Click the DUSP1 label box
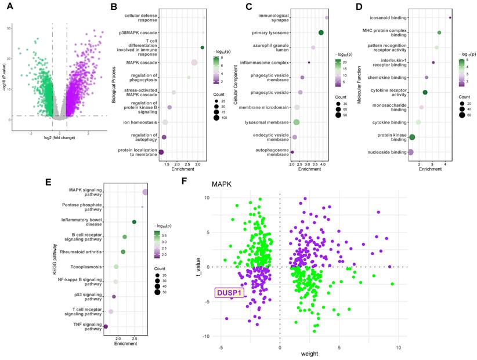coord(230,293)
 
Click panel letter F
coord(185,181)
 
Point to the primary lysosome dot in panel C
coord(321,32)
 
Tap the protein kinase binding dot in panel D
coord(412,137)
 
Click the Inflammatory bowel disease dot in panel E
coord(134,222)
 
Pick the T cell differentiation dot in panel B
coord(202,48)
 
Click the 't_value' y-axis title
coord(198,267)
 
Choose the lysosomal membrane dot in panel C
coord(297,122)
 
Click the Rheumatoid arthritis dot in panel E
coord(123,252)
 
